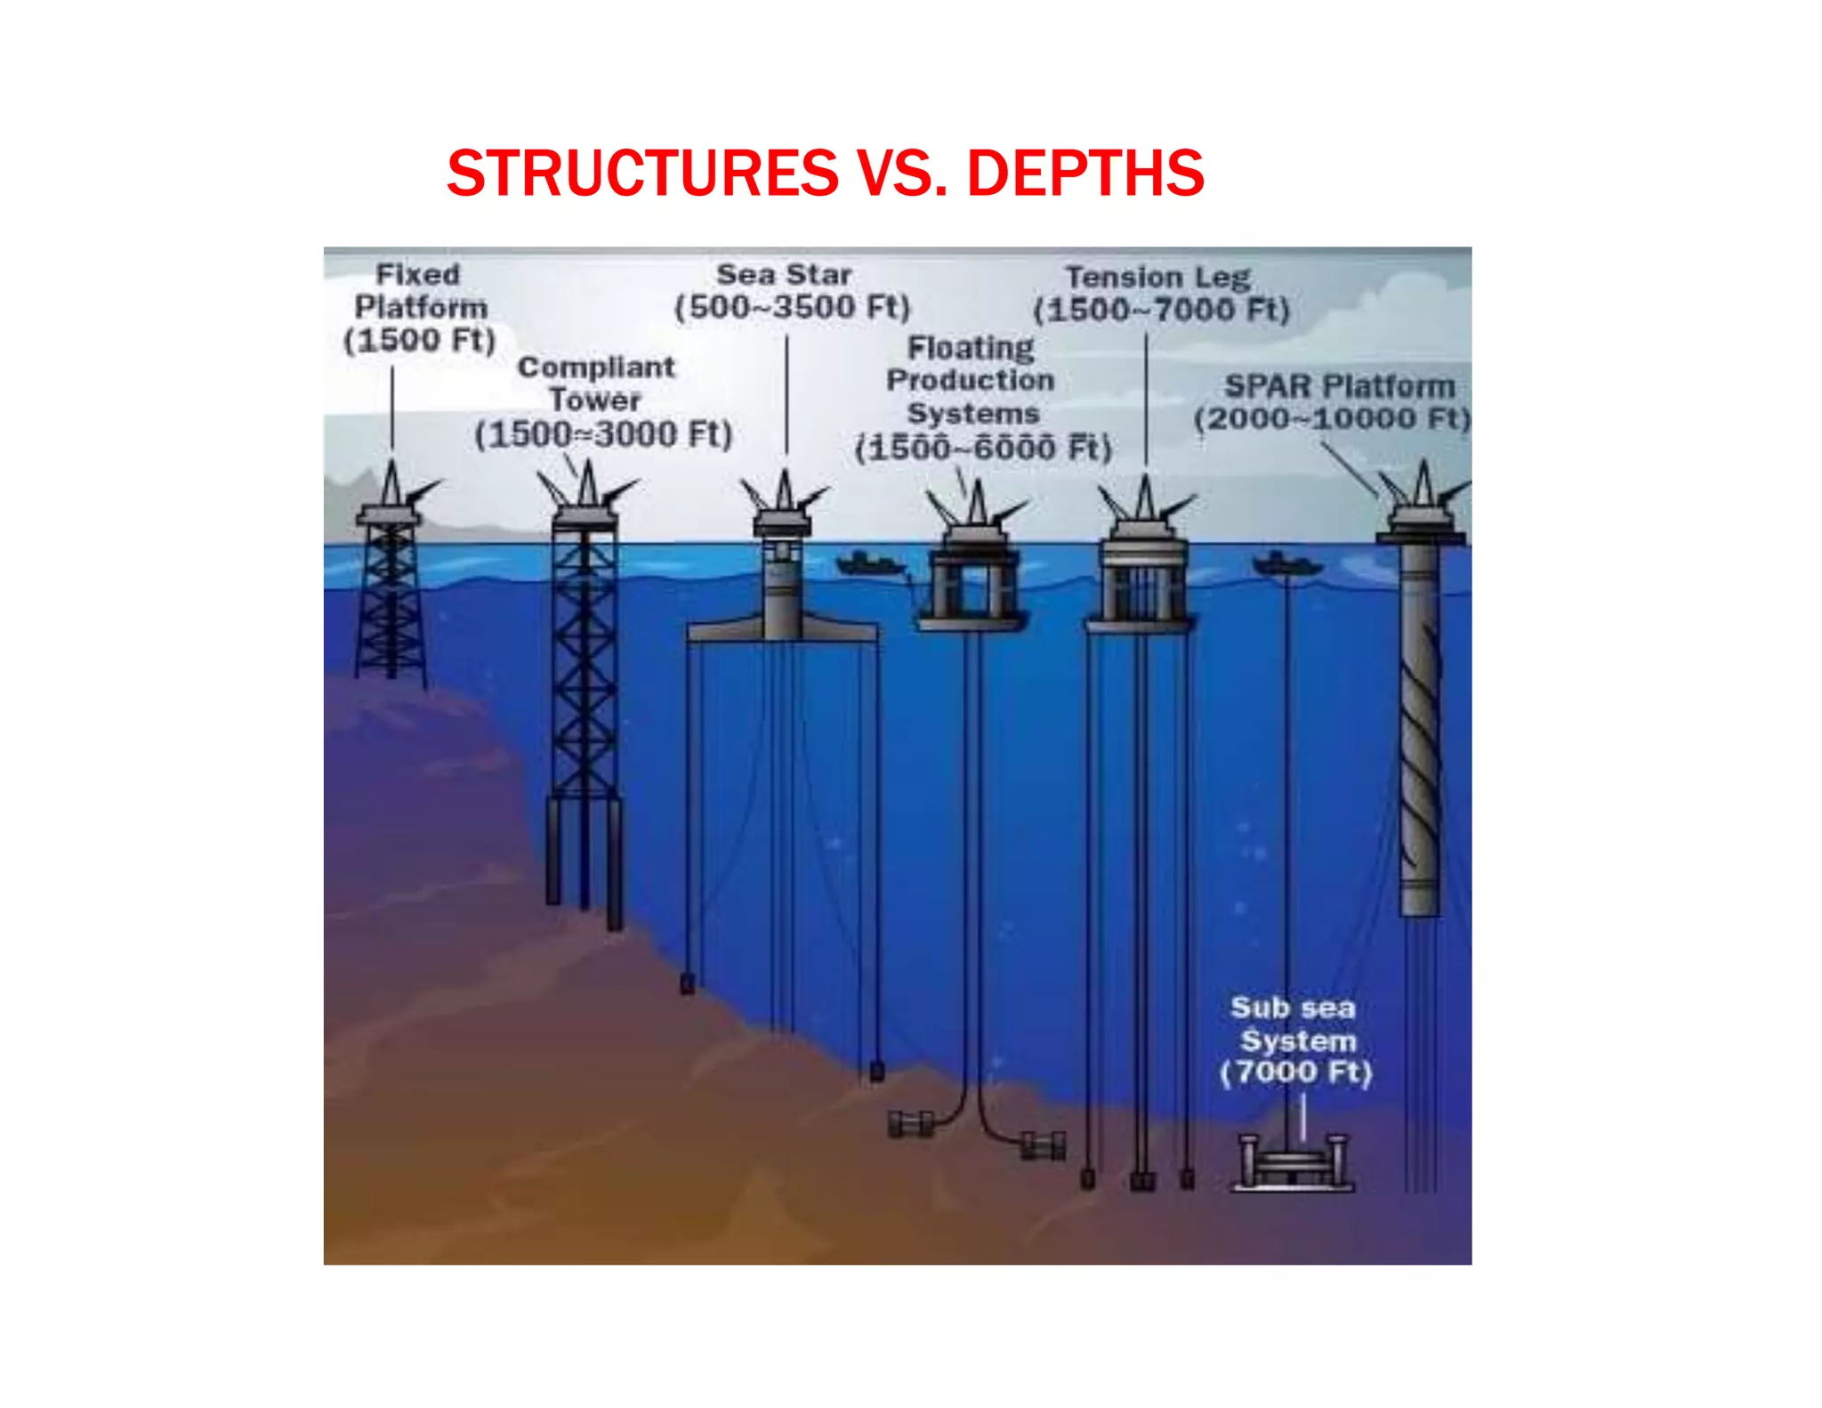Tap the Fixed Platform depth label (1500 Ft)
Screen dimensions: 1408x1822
pos(419,340)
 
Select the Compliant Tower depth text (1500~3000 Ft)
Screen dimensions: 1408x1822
pos(603,435)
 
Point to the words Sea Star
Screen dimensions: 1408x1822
pos(784,274)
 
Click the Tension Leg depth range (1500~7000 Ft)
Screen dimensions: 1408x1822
pos(1161,310)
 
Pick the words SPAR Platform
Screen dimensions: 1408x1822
pos(1339,386)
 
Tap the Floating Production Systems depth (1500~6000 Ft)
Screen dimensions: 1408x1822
pos(983,448)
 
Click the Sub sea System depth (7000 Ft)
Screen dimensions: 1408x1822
pos(1296,1072)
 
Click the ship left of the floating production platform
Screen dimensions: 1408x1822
pos(867,564)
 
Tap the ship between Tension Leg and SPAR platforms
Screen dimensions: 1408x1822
pos(1286,564)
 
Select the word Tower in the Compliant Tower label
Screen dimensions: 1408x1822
pos(595,401)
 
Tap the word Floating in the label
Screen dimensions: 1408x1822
pos(971,347)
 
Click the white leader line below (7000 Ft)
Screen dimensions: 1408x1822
pos(1303,1117)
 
